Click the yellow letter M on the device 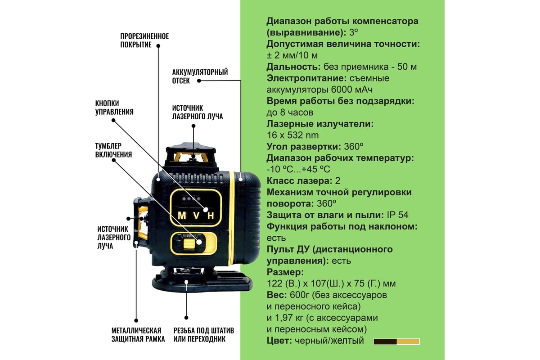coord(181,215)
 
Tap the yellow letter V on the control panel coord(197,215)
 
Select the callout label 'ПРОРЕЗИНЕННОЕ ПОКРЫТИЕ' coord(144,40)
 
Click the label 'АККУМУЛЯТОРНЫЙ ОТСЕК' coord(200,76)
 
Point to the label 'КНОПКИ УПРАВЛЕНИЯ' coord(114,108)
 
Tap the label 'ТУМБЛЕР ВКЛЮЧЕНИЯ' coord(113,150)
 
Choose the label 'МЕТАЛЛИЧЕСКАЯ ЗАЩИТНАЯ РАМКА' coord(138,335)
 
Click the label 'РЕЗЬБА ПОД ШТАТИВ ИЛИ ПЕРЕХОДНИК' coord(204,335)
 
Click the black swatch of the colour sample coord(385,342)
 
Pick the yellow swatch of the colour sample coord(408,342)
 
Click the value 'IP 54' coord(397,215)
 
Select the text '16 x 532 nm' coord(292,135)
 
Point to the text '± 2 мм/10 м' coord(292,55)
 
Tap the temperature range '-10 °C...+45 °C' coord(298,170)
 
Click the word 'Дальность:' coord(293,67)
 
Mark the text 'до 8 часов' coord(290,112)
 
